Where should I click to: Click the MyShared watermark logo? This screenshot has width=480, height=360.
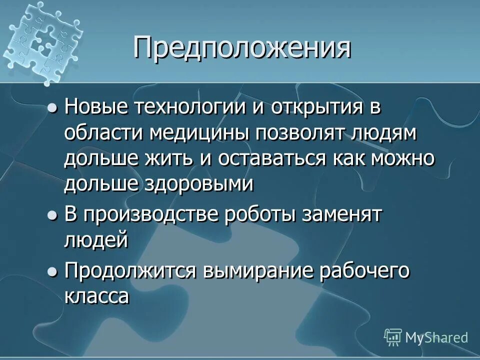(x=426, y=337)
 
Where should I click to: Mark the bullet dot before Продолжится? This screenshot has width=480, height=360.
(x=52, y=272)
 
